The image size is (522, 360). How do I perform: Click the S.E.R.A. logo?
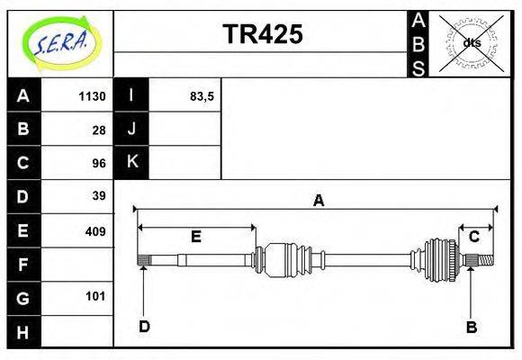click(60, 42)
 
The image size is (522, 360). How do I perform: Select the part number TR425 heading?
click(263, 34)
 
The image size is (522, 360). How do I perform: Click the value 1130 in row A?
click(93, 96)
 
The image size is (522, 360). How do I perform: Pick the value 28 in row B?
click(99, 130)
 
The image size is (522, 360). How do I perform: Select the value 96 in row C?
click(99, 163)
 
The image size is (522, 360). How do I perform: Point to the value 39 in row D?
click(99, 196)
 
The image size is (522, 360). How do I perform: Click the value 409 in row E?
click(95, 230)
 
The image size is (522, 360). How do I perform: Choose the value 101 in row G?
click(95, 296)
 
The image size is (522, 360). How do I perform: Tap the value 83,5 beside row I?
click(202, 96)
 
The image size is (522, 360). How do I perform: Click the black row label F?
click(23, 265)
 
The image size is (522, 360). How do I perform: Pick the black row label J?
click(131, 130)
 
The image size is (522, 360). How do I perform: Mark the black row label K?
click(131, 163)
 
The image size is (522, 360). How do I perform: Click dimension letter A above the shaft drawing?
click(318, 201)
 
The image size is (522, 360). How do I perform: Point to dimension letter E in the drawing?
click(195, 237)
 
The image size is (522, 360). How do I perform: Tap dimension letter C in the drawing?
click(473, 237)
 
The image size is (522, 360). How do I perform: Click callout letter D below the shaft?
click(144, 326)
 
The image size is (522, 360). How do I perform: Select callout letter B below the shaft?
click(471, 327)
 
